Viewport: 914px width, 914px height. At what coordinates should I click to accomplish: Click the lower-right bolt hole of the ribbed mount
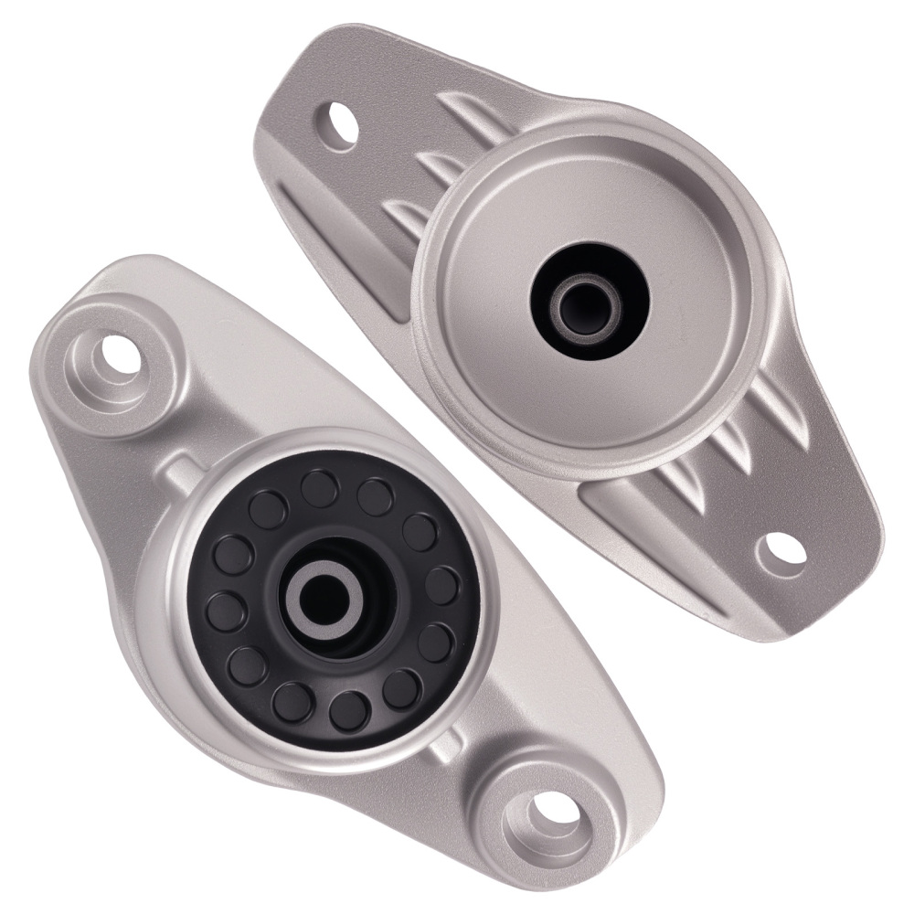click(x=784, y=550)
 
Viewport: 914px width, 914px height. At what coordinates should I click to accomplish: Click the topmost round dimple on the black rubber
click(x=319, y=484)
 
